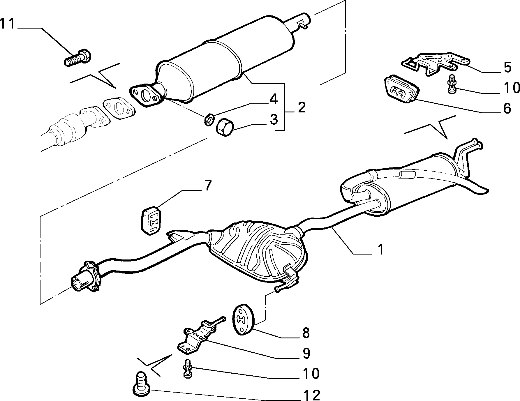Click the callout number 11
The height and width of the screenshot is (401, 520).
click(7, 24)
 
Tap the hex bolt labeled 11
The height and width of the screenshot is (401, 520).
click(77, 58)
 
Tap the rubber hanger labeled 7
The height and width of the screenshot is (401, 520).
click(151, 220)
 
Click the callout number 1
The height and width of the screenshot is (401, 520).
click(380, 250)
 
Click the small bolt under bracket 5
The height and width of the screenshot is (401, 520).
click(452, 84)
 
